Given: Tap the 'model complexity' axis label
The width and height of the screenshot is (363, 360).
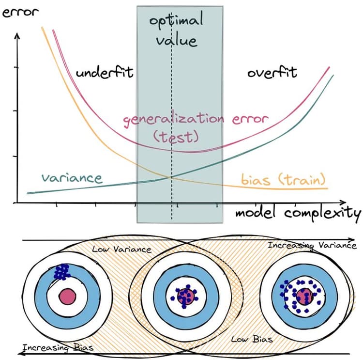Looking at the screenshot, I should point(298,213).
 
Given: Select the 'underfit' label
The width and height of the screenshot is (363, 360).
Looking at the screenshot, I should point(104,74).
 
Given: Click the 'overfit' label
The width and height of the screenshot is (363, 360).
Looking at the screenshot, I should point(272,73).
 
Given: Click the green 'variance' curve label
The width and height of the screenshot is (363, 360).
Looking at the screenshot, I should point(72,178).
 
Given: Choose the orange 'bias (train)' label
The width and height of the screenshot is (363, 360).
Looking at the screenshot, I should point(283,180).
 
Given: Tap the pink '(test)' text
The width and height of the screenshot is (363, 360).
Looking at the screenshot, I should point(176,137).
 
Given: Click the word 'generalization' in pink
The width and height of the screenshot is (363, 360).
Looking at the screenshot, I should point(173,119).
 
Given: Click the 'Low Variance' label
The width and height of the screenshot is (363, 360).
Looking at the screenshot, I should point(121,250).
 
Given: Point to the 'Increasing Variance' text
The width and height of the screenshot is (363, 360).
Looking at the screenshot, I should point(312,246).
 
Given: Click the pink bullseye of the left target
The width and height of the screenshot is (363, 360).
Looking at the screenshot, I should point(67,295).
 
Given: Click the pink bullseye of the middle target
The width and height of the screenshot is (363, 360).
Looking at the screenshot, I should point(185,295).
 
